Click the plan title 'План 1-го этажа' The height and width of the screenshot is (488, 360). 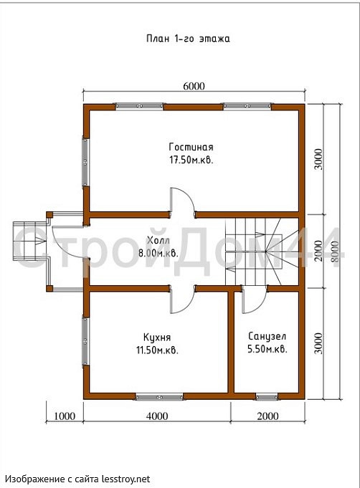(188, 39)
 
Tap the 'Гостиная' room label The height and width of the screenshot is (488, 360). (191, 147)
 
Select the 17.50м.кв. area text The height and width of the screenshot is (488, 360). (191, 161)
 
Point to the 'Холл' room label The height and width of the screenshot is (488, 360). (158, 240)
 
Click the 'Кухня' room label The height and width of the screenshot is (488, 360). (157, 337)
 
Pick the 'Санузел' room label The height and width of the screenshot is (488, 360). (267, 336)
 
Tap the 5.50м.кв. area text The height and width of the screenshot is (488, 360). (267, 349)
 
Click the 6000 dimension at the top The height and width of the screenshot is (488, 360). (194, 86)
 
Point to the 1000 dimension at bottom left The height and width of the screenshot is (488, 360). (65, 416)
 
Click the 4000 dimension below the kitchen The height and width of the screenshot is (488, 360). (157, 416)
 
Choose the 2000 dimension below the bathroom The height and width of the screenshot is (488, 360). (267, 416)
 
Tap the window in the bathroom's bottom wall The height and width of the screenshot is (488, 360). (267, 397)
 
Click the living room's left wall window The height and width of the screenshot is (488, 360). (85, 162)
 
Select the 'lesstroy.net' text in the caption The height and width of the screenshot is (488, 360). (126, 479)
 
